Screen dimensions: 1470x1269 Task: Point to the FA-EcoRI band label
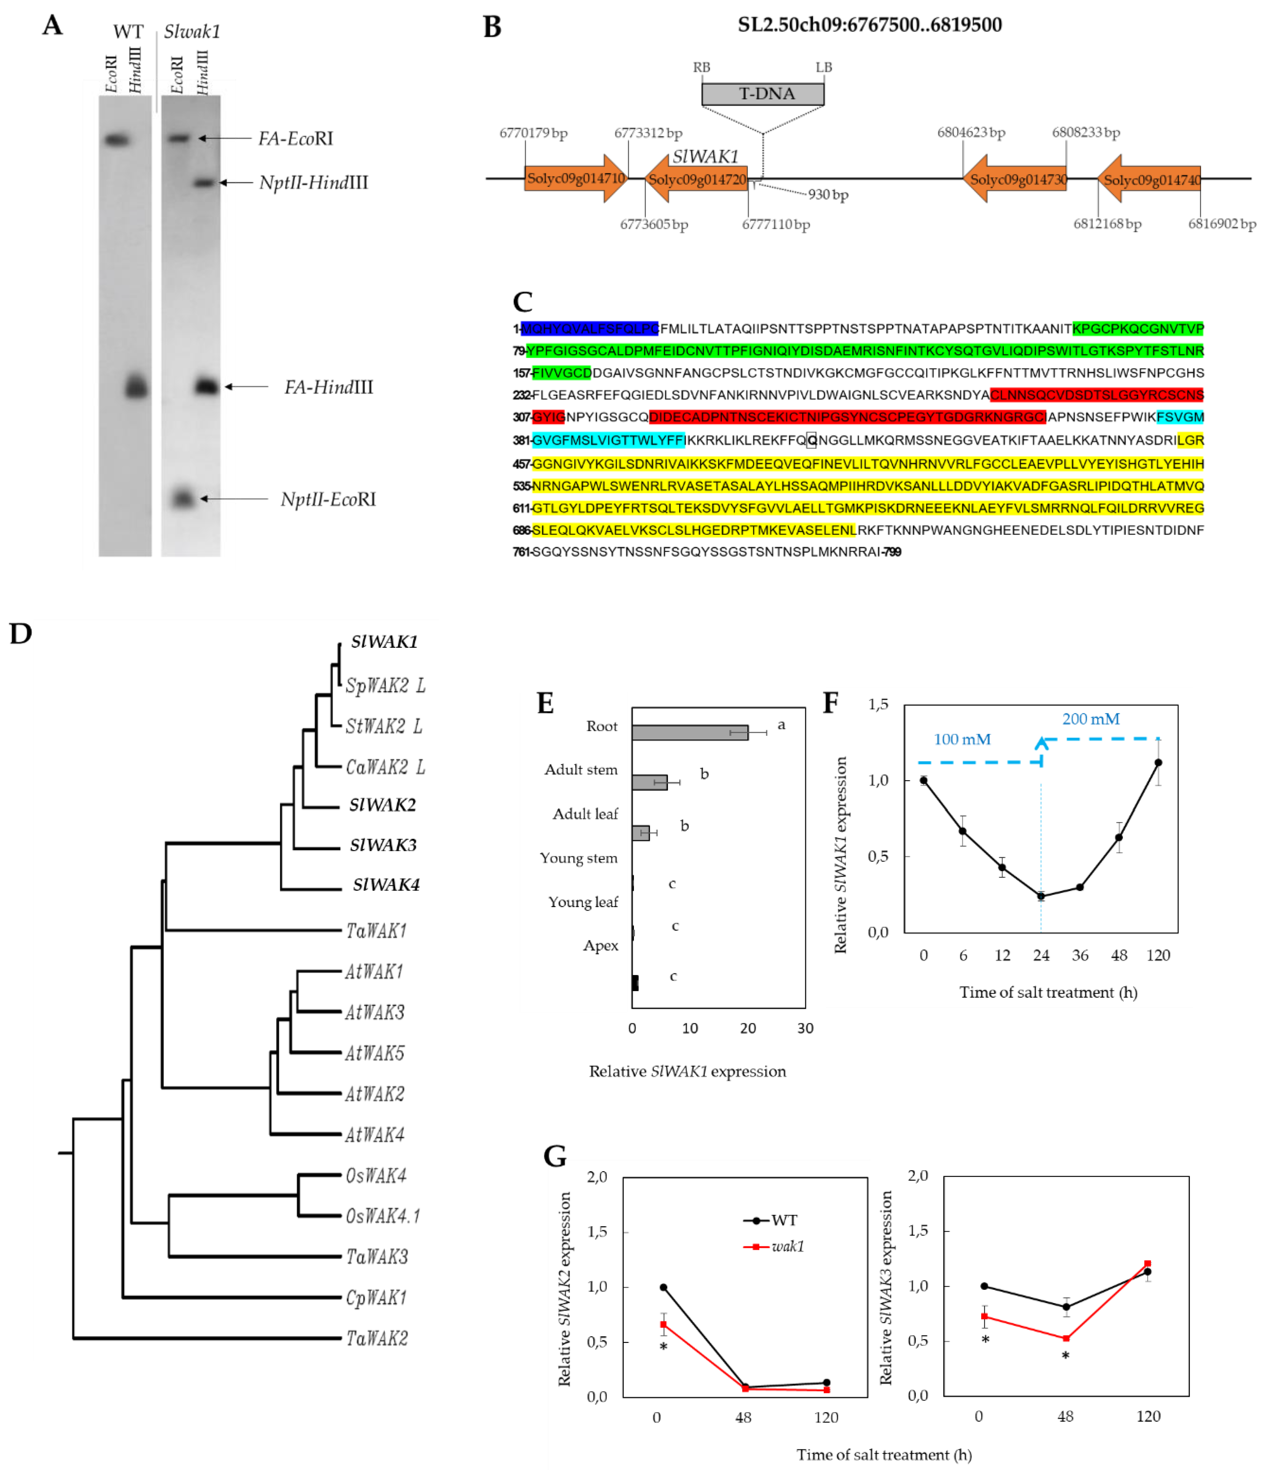click(295, 138)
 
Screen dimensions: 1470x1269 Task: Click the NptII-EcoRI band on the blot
click(183, 499)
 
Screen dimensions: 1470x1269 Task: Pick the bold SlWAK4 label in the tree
click(386, 885)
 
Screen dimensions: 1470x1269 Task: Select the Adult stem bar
click(649, 782)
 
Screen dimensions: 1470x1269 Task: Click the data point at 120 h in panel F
click(1158, 763)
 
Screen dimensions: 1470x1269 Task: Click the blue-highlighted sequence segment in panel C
click(589, 329)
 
